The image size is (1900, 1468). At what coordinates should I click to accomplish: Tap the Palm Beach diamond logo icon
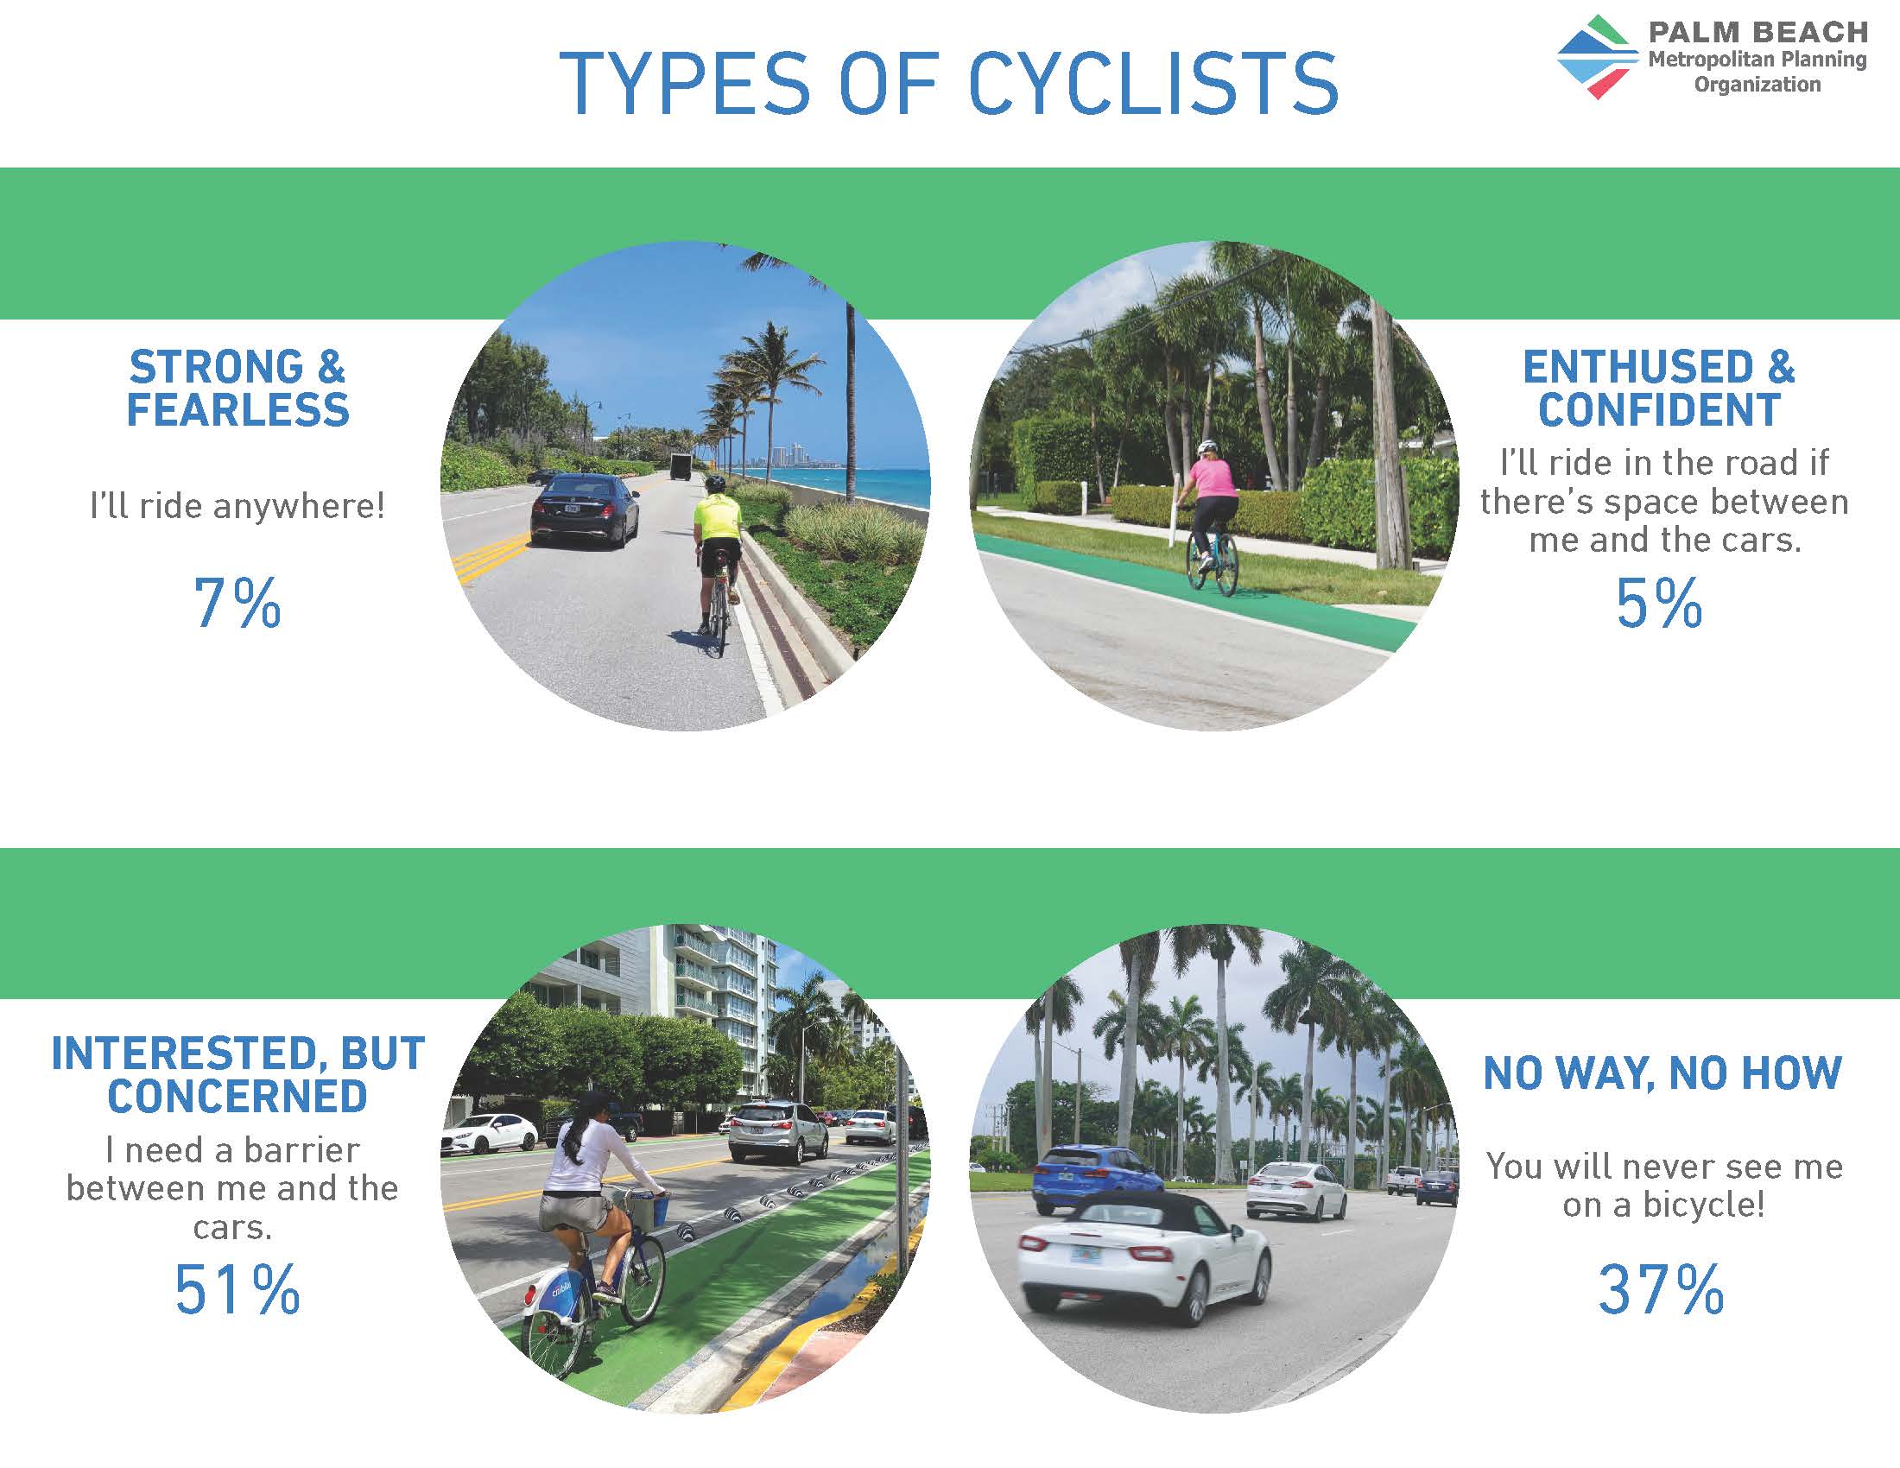(1598, 57)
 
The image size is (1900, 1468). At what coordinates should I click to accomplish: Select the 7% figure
(237, 603)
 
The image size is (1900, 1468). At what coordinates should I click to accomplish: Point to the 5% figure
(1658, 603)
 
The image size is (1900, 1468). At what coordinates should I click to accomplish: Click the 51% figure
(237, 1289)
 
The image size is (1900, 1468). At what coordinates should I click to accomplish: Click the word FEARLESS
(237, 410)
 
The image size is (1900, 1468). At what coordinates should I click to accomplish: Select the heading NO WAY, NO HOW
(1662, 1073)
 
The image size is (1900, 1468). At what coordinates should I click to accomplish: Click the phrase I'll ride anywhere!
(237, 506)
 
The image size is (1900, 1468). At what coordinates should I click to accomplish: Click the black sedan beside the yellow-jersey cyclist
(585, 511)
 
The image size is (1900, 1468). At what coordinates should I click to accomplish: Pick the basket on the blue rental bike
(645, 1209)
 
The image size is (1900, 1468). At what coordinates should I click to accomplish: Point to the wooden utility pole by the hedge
(1390, 435)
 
